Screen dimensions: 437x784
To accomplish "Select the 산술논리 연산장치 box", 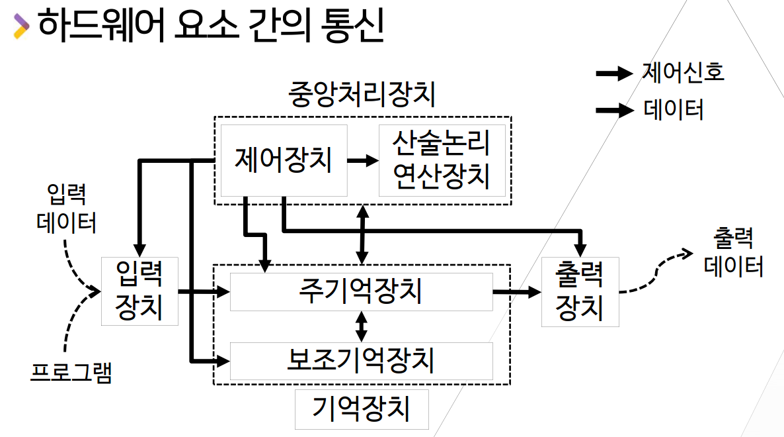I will click(x=442, y=160).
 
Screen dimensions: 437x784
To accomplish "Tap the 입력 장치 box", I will click(x=139, y=291).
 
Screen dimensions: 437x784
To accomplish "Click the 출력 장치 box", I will click(x=580, y=291).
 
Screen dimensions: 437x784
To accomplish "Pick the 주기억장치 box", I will click(x=361, y=291).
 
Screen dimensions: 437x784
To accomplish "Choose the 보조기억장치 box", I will click(x=361, y=361).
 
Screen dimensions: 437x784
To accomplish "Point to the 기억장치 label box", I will click(x=361, y=409).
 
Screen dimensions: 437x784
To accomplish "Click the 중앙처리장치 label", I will click(x=362, y=95).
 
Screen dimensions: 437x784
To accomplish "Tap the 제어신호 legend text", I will click(x=683, y=72).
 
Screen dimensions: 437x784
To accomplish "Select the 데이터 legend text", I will click(x=674, y=109).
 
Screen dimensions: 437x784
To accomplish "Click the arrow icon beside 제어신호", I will click(x=615, y=73).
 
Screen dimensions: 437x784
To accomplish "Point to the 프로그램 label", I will click(x=71, y=373).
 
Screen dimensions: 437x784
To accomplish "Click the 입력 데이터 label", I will click(x=67, y=209).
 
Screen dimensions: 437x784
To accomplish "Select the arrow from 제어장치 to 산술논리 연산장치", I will click(x=363, y=160).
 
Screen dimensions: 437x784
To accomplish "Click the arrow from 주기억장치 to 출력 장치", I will click(x=516, y=291).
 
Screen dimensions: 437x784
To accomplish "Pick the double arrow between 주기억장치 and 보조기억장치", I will click(x=361, y=326).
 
